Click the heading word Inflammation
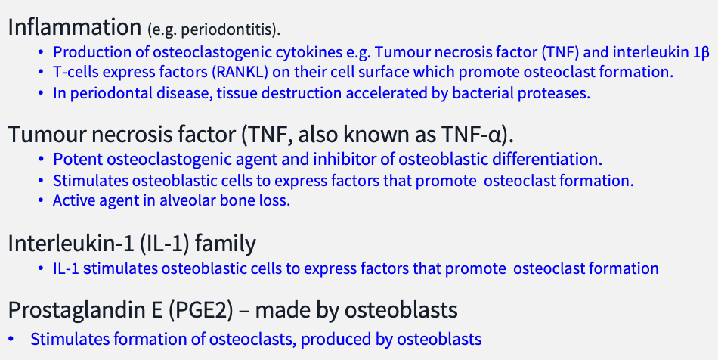click(73, 28)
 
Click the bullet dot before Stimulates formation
click(11, 340)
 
